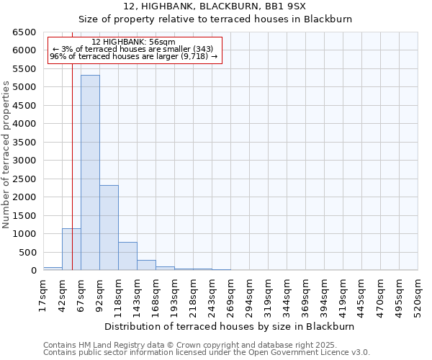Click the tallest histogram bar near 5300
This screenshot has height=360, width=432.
tap(90, 173)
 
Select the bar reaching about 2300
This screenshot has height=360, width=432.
tap(109, 228)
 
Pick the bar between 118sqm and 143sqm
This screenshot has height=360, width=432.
tap(127, 256)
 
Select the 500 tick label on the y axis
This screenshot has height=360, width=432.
tap(27, 252)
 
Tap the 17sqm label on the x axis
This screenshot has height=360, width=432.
tap(43, 295)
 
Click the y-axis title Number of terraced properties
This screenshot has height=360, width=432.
tap(6, 155)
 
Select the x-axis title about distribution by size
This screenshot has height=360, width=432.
tap(230, 326)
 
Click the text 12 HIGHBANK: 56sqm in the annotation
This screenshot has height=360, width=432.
tap(134, 42)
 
